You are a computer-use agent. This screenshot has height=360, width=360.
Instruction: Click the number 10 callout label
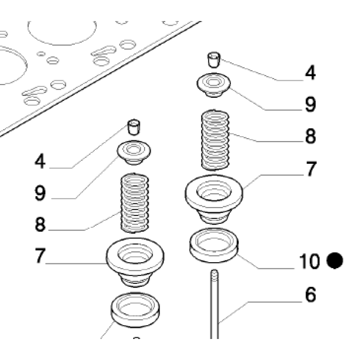309,261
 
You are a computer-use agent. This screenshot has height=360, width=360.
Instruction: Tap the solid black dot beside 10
335,260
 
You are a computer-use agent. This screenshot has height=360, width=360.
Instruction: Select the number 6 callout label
310,295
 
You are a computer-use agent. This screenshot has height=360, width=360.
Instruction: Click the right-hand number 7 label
311,169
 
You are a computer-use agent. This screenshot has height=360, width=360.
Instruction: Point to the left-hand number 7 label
40,256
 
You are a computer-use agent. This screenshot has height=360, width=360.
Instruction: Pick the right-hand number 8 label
310,136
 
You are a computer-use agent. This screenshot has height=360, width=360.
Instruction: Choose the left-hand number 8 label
40,224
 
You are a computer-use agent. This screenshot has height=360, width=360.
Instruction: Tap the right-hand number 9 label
310,104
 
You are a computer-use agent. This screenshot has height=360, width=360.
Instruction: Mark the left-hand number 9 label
40,193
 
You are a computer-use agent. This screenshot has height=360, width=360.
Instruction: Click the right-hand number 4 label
310,73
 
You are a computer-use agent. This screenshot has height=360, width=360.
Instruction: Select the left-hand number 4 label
40,161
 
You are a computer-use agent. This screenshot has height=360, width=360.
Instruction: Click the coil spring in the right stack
215,140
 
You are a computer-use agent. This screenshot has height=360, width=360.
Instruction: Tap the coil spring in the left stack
135,203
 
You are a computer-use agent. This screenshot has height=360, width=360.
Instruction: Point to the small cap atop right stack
214,59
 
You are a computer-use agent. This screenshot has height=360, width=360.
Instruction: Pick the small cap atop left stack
134,127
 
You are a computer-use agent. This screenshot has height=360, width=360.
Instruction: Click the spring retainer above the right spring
214,85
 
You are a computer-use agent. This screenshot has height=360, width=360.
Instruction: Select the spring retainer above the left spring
134,152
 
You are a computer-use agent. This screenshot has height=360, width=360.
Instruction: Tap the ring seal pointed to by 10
214,245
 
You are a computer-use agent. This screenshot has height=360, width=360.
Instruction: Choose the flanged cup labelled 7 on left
135,262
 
